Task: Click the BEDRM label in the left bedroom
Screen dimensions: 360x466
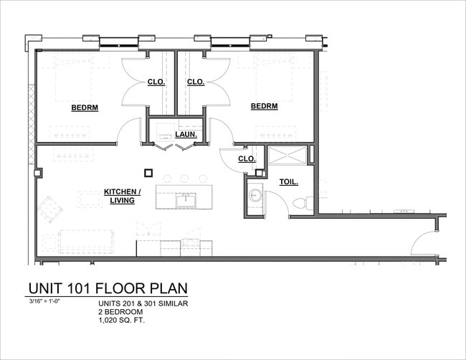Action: click(85, 108)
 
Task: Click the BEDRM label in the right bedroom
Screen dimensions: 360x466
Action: click(264, 106)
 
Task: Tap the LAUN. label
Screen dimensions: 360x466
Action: click(186, 133)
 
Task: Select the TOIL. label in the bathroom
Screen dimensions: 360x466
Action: click(289, 182)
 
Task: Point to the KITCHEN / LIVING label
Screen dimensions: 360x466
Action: click(123, 196)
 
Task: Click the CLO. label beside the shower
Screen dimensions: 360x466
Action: click(247, 158)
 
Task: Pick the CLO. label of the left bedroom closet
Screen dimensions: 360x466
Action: click(156, 82)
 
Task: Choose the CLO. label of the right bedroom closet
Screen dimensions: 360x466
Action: click(196, 82)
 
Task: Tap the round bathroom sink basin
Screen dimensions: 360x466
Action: click(255, 196)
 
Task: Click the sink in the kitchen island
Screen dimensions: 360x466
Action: click(186, 199)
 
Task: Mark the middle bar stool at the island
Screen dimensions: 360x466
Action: click(184, 179)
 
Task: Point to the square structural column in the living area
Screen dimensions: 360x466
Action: click(148, 172)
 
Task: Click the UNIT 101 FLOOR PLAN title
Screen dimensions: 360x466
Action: click(108, 288)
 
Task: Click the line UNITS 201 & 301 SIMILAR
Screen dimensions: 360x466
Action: click(143, 304)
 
